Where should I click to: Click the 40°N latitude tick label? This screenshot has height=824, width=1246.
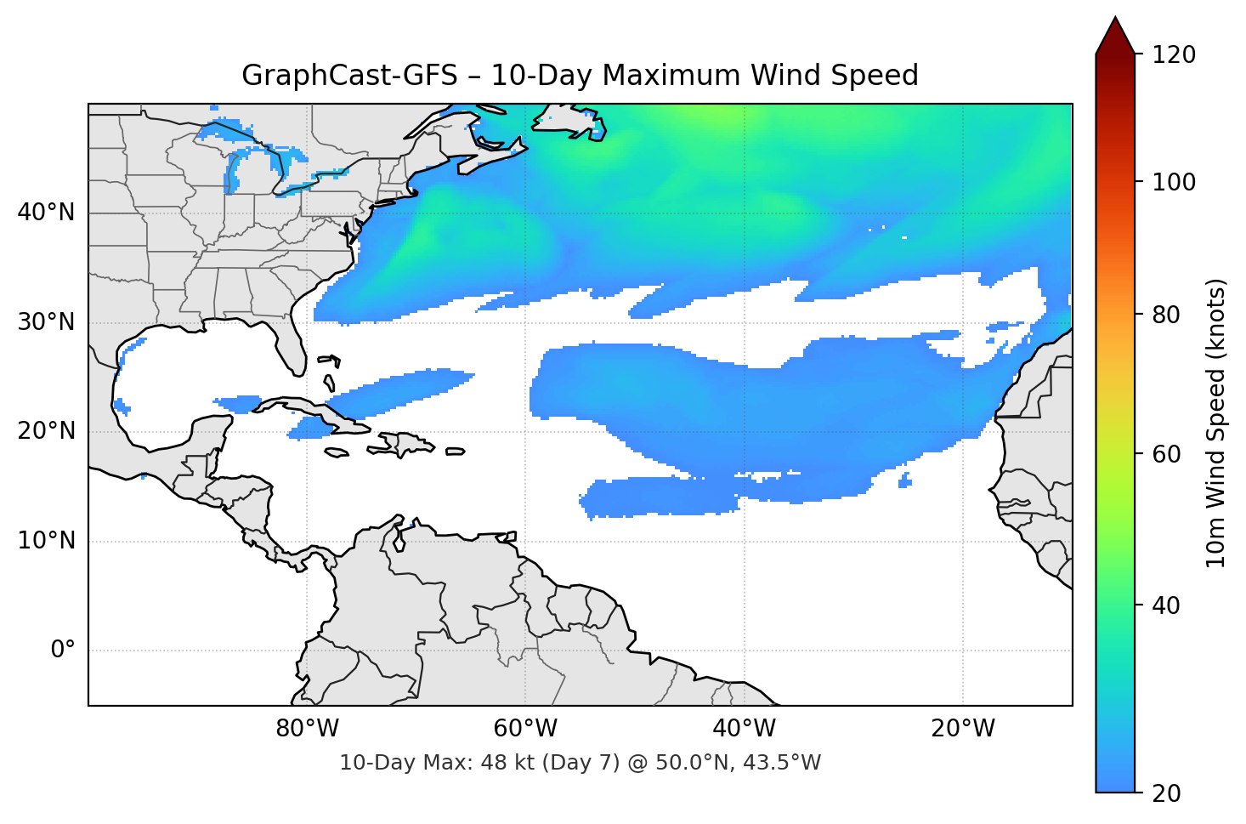[46, 213]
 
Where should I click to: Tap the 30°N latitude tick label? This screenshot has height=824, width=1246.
[46, 322]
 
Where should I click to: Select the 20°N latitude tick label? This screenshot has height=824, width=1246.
[46, 431]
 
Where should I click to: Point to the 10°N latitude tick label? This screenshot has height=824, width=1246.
[46, 541]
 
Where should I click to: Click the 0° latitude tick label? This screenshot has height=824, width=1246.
[63, 651]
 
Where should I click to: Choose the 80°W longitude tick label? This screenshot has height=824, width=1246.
[307, 729]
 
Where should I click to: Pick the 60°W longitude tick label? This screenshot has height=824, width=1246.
[525, 729]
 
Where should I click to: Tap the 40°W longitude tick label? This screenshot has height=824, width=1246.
[744, 729]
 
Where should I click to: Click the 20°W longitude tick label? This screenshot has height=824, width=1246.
[962, 729]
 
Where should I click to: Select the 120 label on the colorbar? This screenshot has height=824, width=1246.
[1173, 55]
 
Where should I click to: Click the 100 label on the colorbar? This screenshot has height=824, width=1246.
[1173, 182]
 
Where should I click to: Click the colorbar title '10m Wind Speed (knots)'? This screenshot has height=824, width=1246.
[1216, 423]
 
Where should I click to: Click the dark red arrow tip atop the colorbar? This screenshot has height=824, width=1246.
[1115, 34]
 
